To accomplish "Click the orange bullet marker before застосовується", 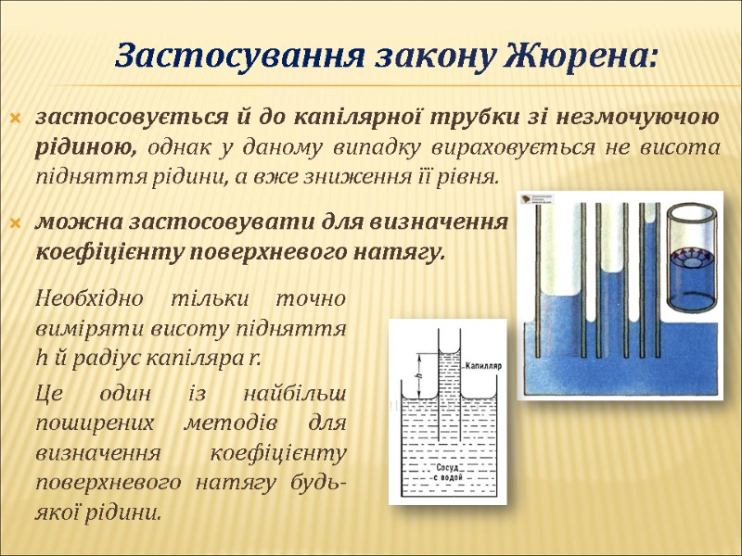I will pyautogui.click(x=14, y=120).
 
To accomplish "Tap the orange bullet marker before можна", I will pyautogui.click(x=14, y=222).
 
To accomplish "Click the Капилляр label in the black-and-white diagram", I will pyautogui.click(x=482, y=365).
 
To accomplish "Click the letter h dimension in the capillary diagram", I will pyautogui.click(x=419, y=376).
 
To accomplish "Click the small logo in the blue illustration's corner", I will pyautogui.click(x=535, y=199).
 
